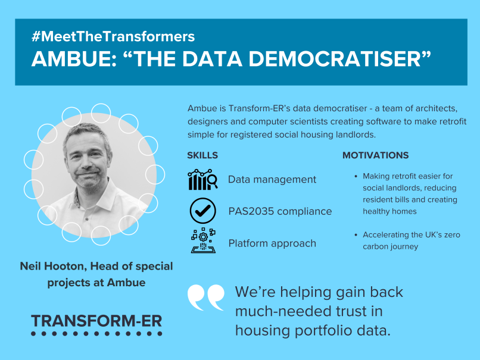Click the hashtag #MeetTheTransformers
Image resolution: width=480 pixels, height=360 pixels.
[113, 36]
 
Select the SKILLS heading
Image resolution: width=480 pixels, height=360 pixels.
[202, 155]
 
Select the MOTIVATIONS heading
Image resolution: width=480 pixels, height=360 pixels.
[375, 155]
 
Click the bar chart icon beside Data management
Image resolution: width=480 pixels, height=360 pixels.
[202, 180]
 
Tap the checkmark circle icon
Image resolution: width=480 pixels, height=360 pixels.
[202, 211]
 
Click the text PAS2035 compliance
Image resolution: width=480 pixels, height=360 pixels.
[280, 211]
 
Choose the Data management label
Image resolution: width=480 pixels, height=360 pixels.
[272, 180]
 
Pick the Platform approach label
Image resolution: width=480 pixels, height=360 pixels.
[272, 243]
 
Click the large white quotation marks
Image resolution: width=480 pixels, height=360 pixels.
[206, 298]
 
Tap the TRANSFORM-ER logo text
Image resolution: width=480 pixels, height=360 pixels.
[96, 321]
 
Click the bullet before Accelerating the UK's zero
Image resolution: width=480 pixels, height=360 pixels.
[356, 235]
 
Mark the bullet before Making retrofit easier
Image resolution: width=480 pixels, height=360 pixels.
[356, 177]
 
